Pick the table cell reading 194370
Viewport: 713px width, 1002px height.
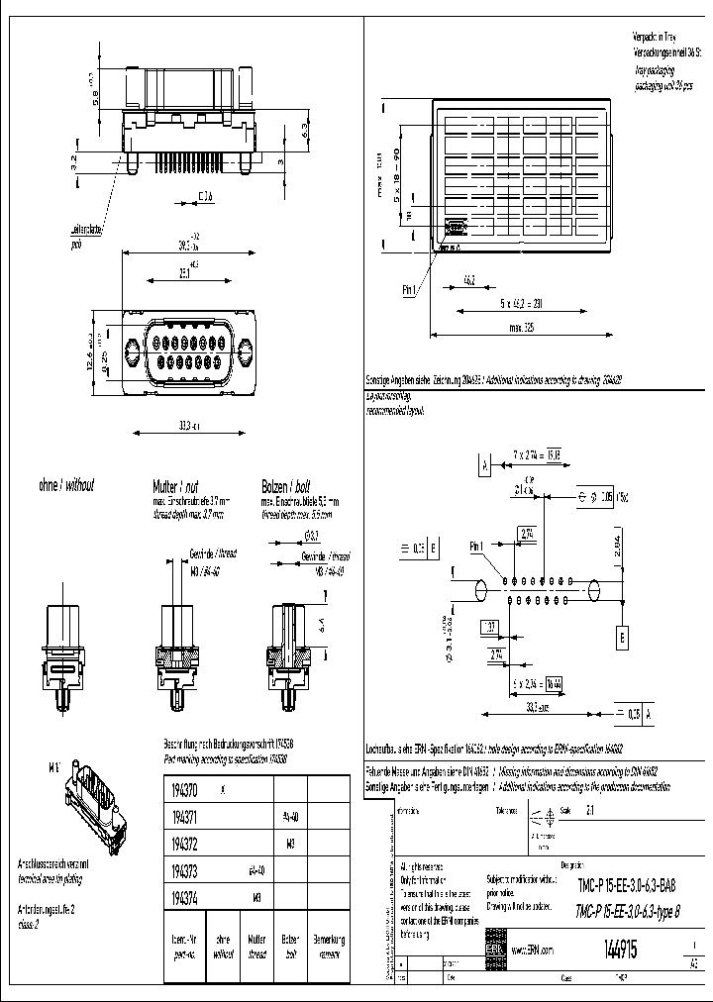coord(184,789)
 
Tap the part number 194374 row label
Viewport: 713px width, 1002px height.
coord(184,898)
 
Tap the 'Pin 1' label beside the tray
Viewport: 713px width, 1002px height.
coord(410,290)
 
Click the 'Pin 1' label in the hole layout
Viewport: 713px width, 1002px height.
coord(476,546)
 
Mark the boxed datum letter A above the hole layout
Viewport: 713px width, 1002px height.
coord(484,464)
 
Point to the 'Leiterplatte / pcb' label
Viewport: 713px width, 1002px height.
coord(87,234)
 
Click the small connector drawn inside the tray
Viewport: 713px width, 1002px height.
coord(454,227)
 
